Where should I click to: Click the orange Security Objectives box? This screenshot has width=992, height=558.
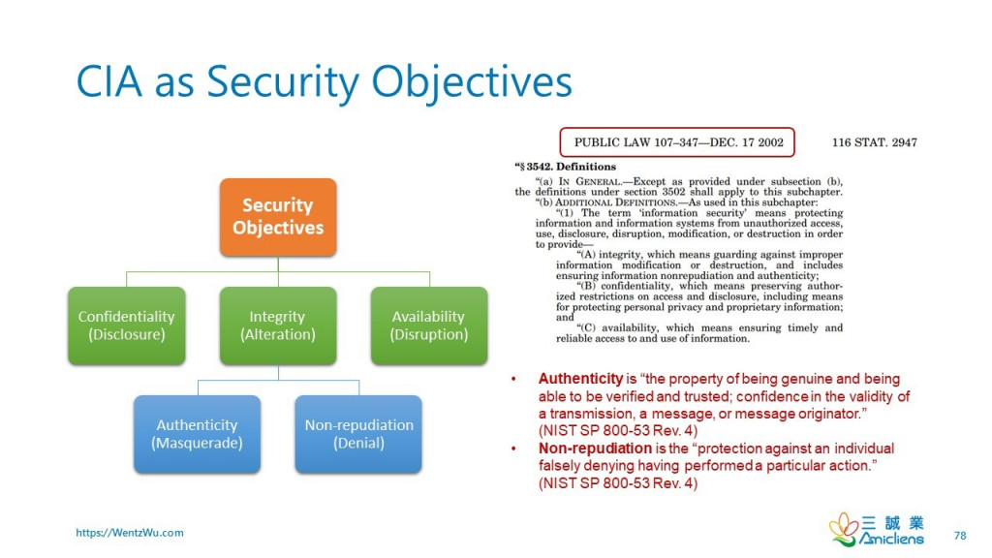(x=278, y=217)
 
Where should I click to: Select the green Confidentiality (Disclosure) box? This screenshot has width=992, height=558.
(x=126, y=325)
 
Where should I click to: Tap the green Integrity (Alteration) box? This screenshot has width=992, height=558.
(x=278, y=325)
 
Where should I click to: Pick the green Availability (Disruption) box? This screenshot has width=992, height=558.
(x=428, y=325)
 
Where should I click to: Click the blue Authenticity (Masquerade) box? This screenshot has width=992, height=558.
(x=197, y=434)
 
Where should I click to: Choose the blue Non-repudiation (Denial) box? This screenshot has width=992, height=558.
(x=358, y=434)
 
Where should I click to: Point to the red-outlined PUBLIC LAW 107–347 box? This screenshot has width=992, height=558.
(x=678, y=142)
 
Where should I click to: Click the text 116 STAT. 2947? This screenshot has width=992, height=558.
(x=874, y=142)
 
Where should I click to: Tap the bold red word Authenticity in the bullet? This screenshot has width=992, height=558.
(x=580, y=379)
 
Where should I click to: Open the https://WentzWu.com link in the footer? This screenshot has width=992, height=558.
(x=130, y=533)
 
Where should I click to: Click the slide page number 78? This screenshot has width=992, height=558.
(x=960, y=535)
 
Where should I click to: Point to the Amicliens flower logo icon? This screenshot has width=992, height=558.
(x=843, y=529)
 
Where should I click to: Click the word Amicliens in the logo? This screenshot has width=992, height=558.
(x=892, y=539)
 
